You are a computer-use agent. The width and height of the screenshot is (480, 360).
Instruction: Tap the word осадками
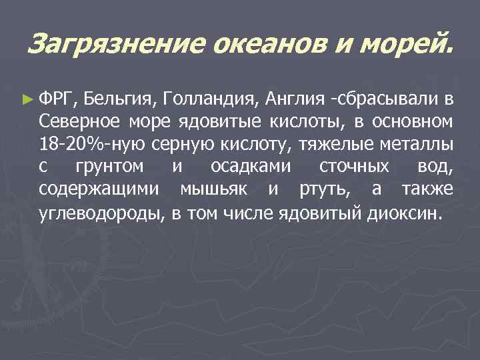[250, 166]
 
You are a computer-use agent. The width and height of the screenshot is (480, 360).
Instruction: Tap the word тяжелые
[333, 144]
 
